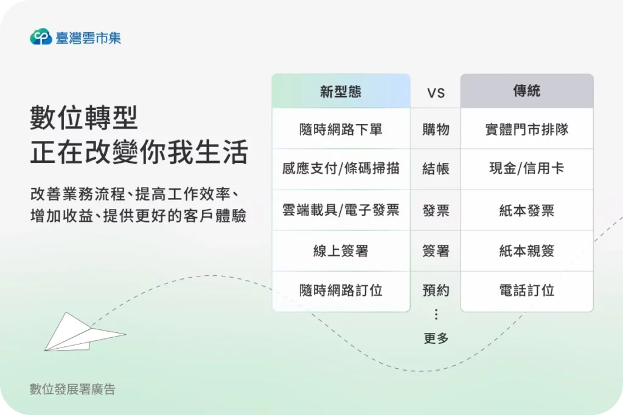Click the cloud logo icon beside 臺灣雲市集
coord(41,37)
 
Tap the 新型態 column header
coord(341,92)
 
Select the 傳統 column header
coord(526,92)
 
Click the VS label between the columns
coord(436,93)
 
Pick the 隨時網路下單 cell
coord(341,129)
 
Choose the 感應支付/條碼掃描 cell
coord(341,169)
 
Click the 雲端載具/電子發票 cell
coord(341,210)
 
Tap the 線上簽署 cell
coord(341,250)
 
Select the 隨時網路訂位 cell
coord(341,290)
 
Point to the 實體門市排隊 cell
coord(526,129)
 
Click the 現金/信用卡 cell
coord(526,169)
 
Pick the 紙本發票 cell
coord(526,210)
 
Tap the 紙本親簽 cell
coord(526,250)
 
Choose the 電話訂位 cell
coord(526,290)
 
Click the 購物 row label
coord(436,129)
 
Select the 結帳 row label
coord(436,169)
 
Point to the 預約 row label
coord(436,290)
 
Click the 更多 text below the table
coord(436,338)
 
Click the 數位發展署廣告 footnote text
coord(72,389)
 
